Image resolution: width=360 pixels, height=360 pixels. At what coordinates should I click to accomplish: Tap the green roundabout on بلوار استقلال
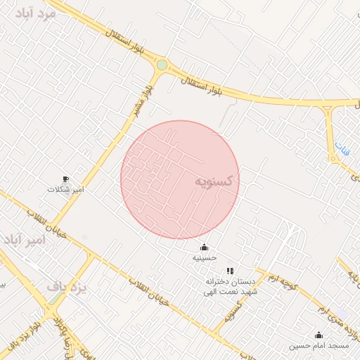162,65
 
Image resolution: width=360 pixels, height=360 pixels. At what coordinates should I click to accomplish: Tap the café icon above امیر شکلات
66,179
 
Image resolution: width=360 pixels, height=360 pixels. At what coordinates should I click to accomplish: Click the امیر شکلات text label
65,190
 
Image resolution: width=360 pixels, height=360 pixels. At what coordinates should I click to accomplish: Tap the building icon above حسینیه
204,247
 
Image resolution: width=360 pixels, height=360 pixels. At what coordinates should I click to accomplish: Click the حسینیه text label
204,258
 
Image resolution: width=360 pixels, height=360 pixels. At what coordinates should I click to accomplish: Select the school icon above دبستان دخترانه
229,271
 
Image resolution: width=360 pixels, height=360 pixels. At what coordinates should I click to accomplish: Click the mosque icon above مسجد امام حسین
319,335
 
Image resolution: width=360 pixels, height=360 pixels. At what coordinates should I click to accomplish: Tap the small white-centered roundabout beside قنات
328,110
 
